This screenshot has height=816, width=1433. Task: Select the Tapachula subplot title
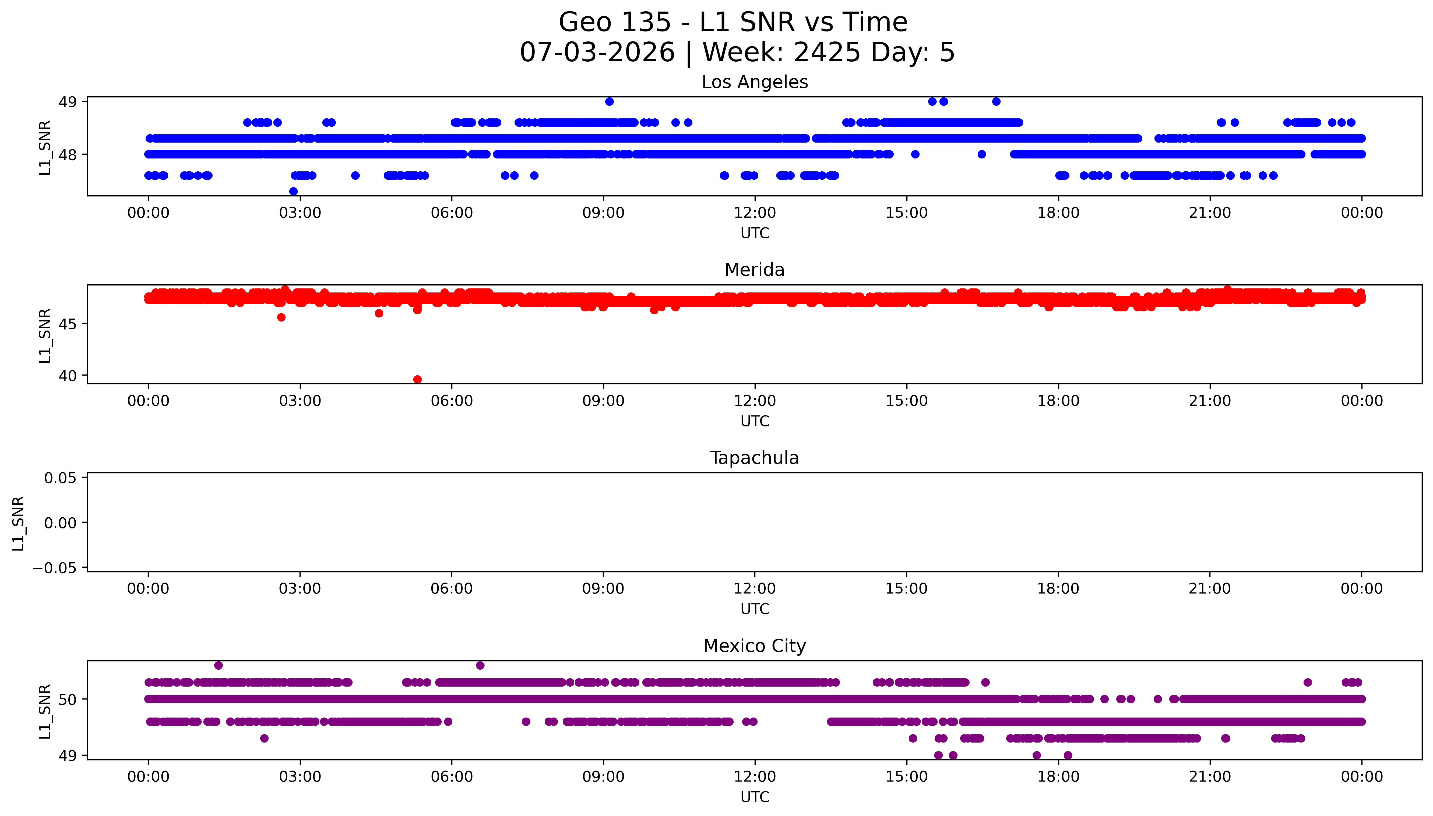point(754,458)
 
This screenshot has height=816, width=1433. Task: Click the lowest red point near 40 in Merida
point(417,379)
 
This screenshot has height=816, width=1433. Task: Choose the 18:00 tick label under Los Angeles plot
point(1058,213)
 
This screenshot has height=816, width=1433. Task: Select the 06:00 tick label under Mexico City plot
point(452,777)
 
